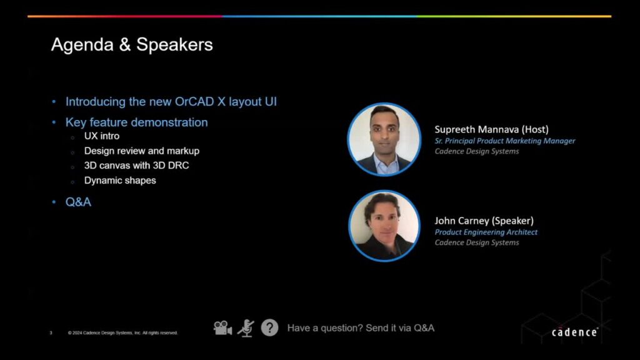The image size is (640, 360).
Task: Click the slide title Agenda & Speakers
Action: (x=132, y=45)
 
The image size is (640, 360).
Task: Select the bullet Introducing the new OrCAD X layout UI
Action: (x=171, y=102)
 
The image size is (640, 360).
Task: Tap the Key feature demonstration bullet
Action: (x=136, y=122)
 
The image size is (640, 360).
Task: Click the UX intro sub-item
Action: (x=102, y=136)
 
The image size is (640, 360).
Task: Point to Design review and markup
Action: (x=142, y=151)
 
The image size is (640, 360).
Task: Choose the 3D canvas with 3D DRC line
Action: (x=136, y=166)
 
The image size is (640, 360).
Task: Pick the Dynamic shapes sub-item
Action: (x=120, y=181)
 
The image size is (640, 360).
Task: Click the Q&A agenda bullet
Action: (x=78, y=202)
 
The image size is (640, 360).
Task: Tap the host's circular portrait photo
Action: (x=384, y=139)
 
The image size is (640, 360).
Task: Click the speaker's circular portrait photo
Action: (x=384, y=226)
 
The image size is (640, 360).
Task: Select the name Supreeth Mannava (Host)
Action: (x=491, y=129)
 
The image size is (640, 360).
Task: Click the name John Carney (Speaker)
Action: (x=484, y=221)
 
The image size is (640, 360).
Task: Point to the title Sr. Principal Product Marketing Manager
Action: (x=505, y=141)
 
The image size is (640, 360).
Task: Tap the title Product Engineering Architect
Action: (x=486, y=232)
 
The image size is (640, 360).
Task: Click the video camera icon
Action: (x=222, y=327)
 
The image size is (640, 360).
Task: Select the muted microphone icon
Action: (x=246, y=328)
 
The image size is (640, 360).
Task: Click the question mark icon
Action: (x=269, y=327)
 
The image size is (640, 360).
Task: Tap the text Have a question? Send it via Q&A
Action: (x=361, y=328)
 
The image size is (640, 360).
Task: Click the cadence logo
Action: (x=575, y=332)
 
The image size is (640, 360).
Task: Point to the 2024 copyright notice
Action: (x=123, y=333)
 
